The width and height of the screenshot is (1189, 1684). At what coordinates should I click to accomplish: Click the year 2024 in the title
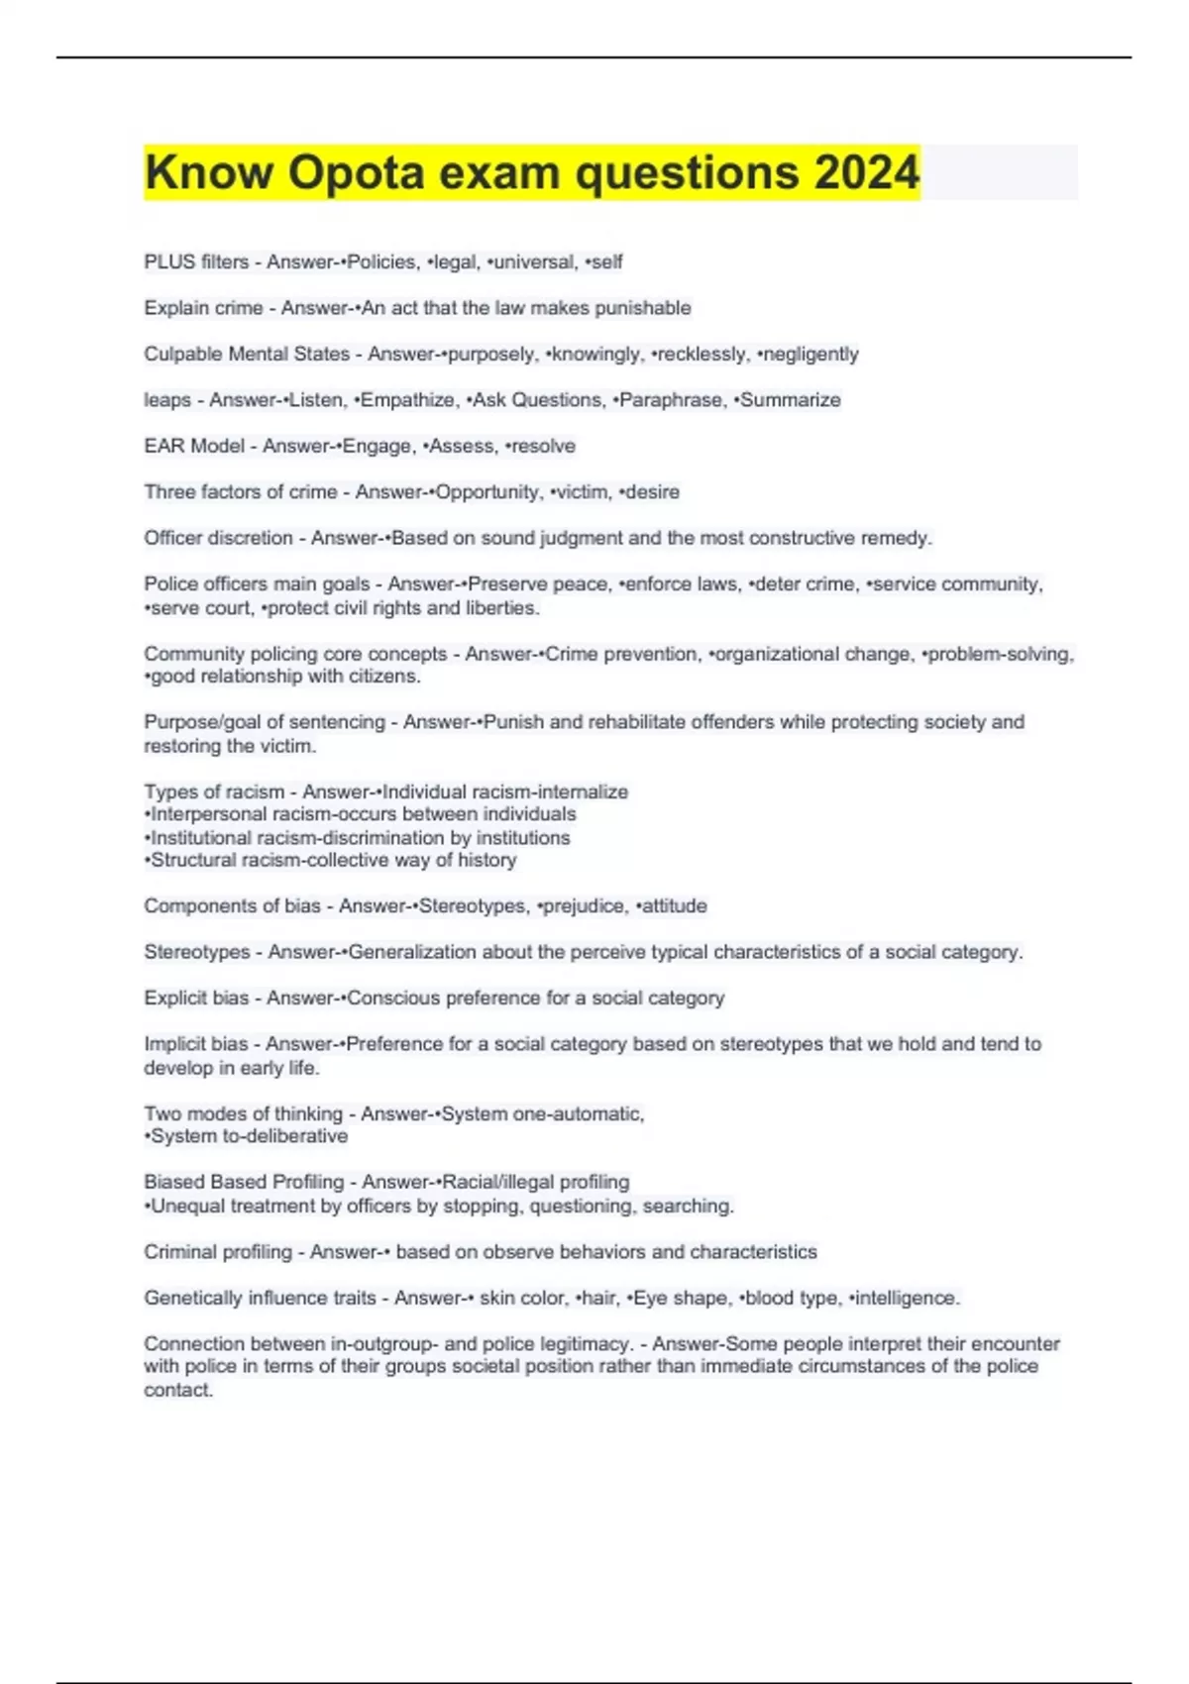pyautogui.click(x=867, y=172)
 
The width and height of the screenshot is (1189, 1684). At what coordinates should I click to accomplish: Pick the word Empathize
pyautogui.click(x=406, y=400)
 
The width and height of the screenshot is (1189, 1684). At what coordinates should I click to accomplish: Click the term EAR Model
pyautogui.click(x=194, y=446)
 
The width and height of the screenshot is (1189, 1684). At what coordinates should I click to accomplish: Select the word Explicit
pyautogui.click(x=174, y=999)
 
